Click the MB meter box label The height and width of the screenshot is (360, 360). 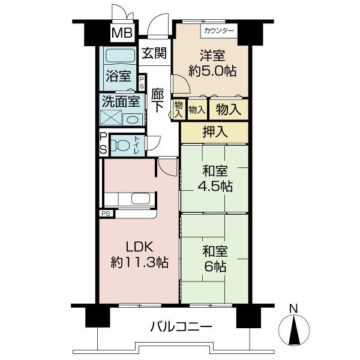coord(122,32)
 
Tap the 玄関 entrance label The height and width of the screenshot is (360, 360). coord(154,53)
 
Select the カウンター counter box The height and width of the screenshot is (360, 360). coord(219,31)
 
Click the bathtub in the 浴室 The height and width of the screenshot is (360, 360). coord(120,56)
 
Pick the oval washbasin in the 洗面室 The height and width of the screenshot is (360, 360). coord(133,119)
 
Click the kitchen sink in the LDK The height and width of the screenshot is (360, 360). coord(141,199)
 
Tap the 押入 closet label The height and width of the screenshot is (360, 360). coord(215,132)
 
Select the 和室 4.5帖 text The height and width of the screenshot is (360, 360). coord(215,179)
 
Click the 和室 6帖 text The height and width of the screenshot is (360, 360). coord(215,259)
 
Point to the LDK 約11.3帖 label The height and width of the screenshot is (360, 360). coord(140,254)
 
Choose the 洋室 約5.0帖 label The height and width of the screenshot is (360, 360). coord(212,63)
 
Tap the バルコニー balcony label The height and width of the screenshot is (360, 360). coord(181,327)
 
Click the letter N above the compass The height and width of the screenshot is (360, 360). coord(293,309)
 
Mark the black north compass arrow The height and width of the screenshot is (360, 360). coord(294,331)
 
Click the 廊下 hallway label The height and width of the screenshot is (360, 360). coord(157,100)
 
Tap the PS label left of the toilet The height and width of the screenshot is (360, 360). coord(103,144)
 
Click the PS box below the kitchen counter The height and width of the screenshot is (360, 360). coord(106,214)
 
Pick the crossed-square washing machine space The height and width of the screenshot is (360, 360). coord(111,118)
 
